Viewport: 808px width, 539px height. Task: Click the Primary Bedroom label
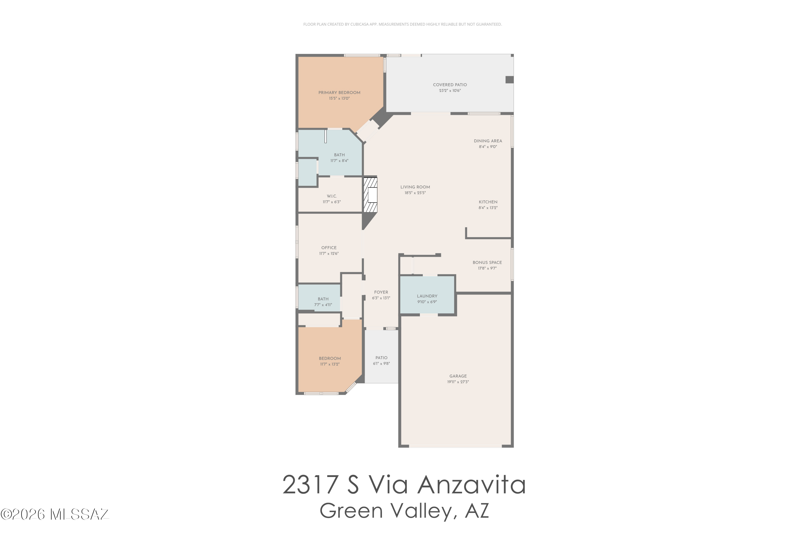[x=339, y=92]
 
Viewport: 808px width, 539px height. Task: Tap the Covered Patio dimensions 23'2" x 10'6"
[x=450, y=91]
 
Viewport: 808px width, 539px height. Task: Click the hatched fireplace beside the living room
[x=370, y=195]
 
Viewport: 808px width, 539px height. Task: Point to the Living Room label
[x=415, y=187]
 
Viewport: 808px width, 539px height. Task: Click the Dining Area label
[x=488, y=141]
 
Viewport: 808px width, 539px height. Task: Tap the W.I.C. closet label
[x=332, y=196]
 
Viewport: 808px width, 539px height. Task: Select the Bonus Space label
[x=487, y=262]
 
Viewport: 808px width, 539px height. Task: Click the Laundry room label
[x=427, y=296]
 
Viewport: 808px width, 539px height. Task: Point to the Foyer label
[x=381, y=292]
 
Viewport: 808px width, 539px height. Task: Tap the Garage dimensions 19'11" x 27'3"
[x=458, y=382]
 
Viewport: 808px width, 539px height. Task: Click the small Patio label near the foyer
[x=381, y=358]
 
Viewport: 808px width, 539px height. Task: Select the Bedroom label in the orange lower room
[x=330, y=358]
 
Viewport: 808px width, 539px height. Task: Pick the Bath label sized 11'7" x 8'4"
[x=339, y=155]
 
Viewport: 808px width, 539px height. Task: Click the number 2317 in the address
[x=310, y=485]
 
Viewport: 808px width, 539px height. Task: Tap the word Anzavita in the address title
[x=471, y=485]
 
